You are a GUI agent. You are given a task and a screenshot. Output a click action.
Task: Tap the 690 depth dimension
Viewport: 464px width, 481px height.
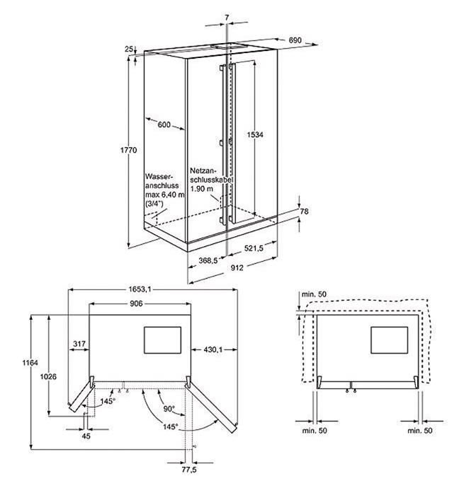tap(296, 41)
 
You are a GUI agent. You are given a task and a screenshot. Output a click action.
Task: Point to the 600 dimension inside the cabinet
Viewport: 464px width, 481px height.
tap(164, 124)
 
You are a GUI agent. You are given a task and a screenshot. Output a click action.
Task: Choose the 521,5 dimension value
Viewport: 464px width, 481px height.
tap(253, 248)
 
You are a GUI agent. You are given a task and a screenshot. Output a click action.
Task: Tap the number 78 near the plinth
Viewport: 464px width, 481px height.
tap(305, 211)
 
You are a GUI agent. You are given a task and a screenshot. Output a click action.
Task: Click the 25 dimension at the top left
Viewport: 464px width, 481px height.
tap(129, 49)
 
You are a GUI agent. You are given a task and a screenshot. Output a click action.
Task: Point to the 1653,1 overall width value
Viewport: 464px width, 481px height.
tap(141, 289)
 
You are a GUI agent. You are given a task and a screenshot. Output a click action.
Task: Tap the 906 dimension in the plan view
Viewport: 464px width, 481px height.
tap(137, 303)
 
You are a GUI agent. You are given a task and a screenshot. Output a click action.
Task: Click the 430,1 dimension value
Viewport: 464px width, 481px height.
tap(213, 349)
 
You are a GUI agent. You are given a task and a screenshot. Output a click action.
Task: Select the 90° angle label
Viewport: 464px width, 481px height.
tap(168, 408)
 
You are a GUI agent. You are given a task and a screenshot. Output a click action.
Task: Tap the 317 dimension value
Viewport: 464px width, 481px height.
tap(79, 344)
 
